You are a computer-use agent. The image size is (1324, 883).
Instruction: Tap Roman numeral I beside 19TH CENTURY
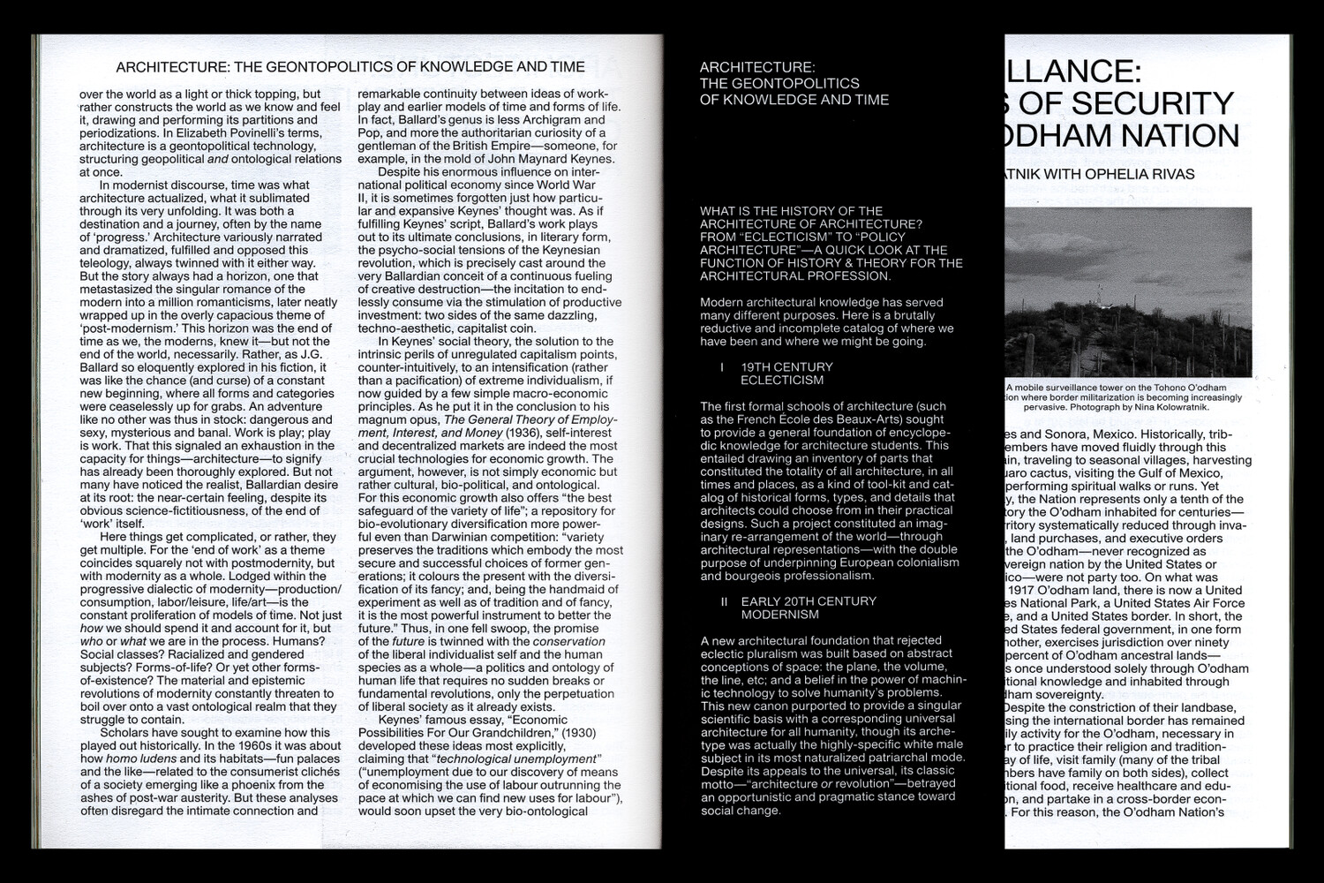(x=722, y=366)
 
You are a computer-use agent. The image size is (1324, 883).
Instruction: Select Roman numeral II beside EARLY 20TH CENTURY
(x=724, y=600)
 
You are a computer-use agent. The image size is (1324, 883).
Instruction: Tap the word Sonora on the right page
(x=1071, y=434)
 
